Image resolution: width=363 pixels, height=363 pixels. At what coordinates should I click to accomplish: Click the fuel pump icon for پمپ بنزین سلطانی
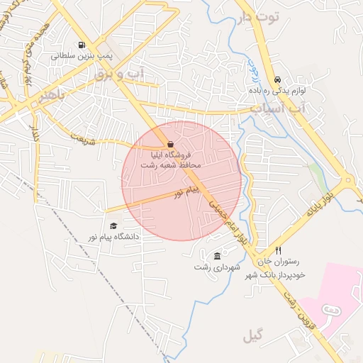click(x=82, y=44)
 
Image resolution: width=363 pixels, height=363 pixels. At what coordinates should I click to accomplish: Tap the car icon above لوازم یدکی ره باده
click(x=277, y=80)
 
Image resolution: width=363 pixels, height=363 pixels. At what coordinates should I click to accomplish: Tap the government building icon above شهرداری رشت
click(x=217, y=256)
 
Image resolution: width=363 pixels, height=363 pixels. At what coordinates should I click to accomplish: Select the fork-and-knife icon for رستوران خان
click(x=278, y=251)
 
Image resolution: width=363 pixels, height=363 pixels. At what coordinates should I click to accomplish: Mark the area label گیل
click(x=252, y=335)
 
